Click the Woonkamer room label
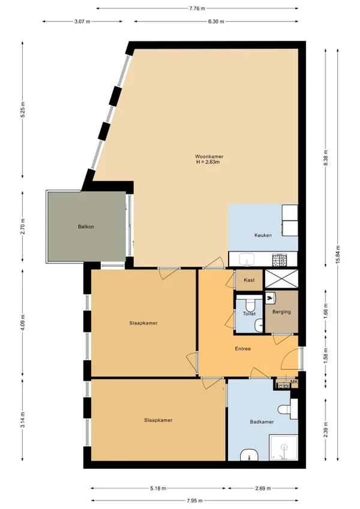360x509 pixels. click(x=209, y=157)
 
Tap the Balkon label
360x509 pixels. click(x=86, y=226)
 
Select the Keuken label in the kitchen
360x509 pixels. click(x=263, y=235)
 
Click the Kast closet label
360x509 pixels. click(x=249, y=280)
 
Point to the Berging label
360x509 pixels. click(x=281, y=312)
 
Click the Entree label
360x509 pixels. click(x=243, y=349)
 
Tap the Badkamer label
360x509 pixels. click(x=262, y=422)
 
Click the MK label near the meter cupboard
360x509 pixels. click(x=294, y=382)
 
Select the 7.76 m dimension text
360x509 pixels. click(x=197, y=8)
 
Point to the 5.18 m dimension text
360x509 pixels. click(x=158, y=488)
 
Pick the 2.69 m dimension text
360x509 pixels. click(x=263, y=488)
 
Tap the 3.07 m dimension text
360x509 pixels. click(x=82, y=22)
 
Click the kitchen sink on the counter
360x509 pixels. click(x=247, y=259)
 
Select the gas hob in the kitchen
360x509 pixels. click(x=280, y=259)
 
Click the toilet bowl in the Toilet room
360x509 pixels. click(x=250, y=305)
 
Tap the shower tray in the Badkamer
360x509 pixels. click(x=283, y=448)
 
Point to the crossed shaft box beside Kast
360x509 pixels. click(x=281, y=279)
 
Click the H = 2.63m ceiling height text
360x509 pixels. click(x=208, y=161)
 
